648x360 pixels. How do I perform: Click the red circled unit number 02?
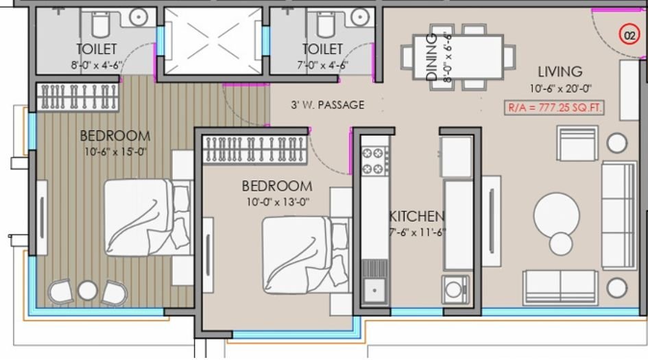click(x=629, y=34)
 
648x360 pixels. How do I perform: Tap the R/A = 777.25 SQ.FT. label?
click(x=554, y=108)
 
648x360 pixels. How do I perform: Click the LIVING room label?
click(x=560, y=71)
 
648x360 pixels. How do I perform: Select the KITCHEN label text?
click(x=417, y=217)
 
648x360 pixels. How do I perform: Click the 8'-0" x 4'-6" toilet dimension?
click(x=96, y=65)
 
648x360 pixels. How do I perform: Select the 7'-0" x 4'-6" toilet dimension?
click(x=322, y=65)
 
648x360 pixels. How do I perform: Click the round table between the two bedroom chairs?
click(x=87, y=291)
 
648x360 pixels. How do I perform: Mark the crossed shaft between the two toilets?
click(x=213, y=40)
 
